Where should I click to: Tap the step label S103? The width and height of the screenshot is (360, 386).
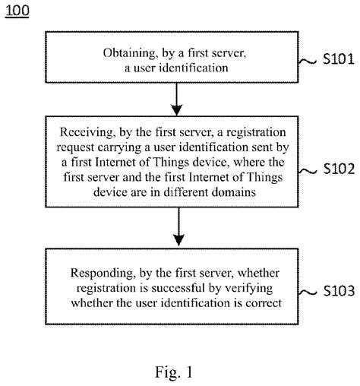point(334,291)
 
